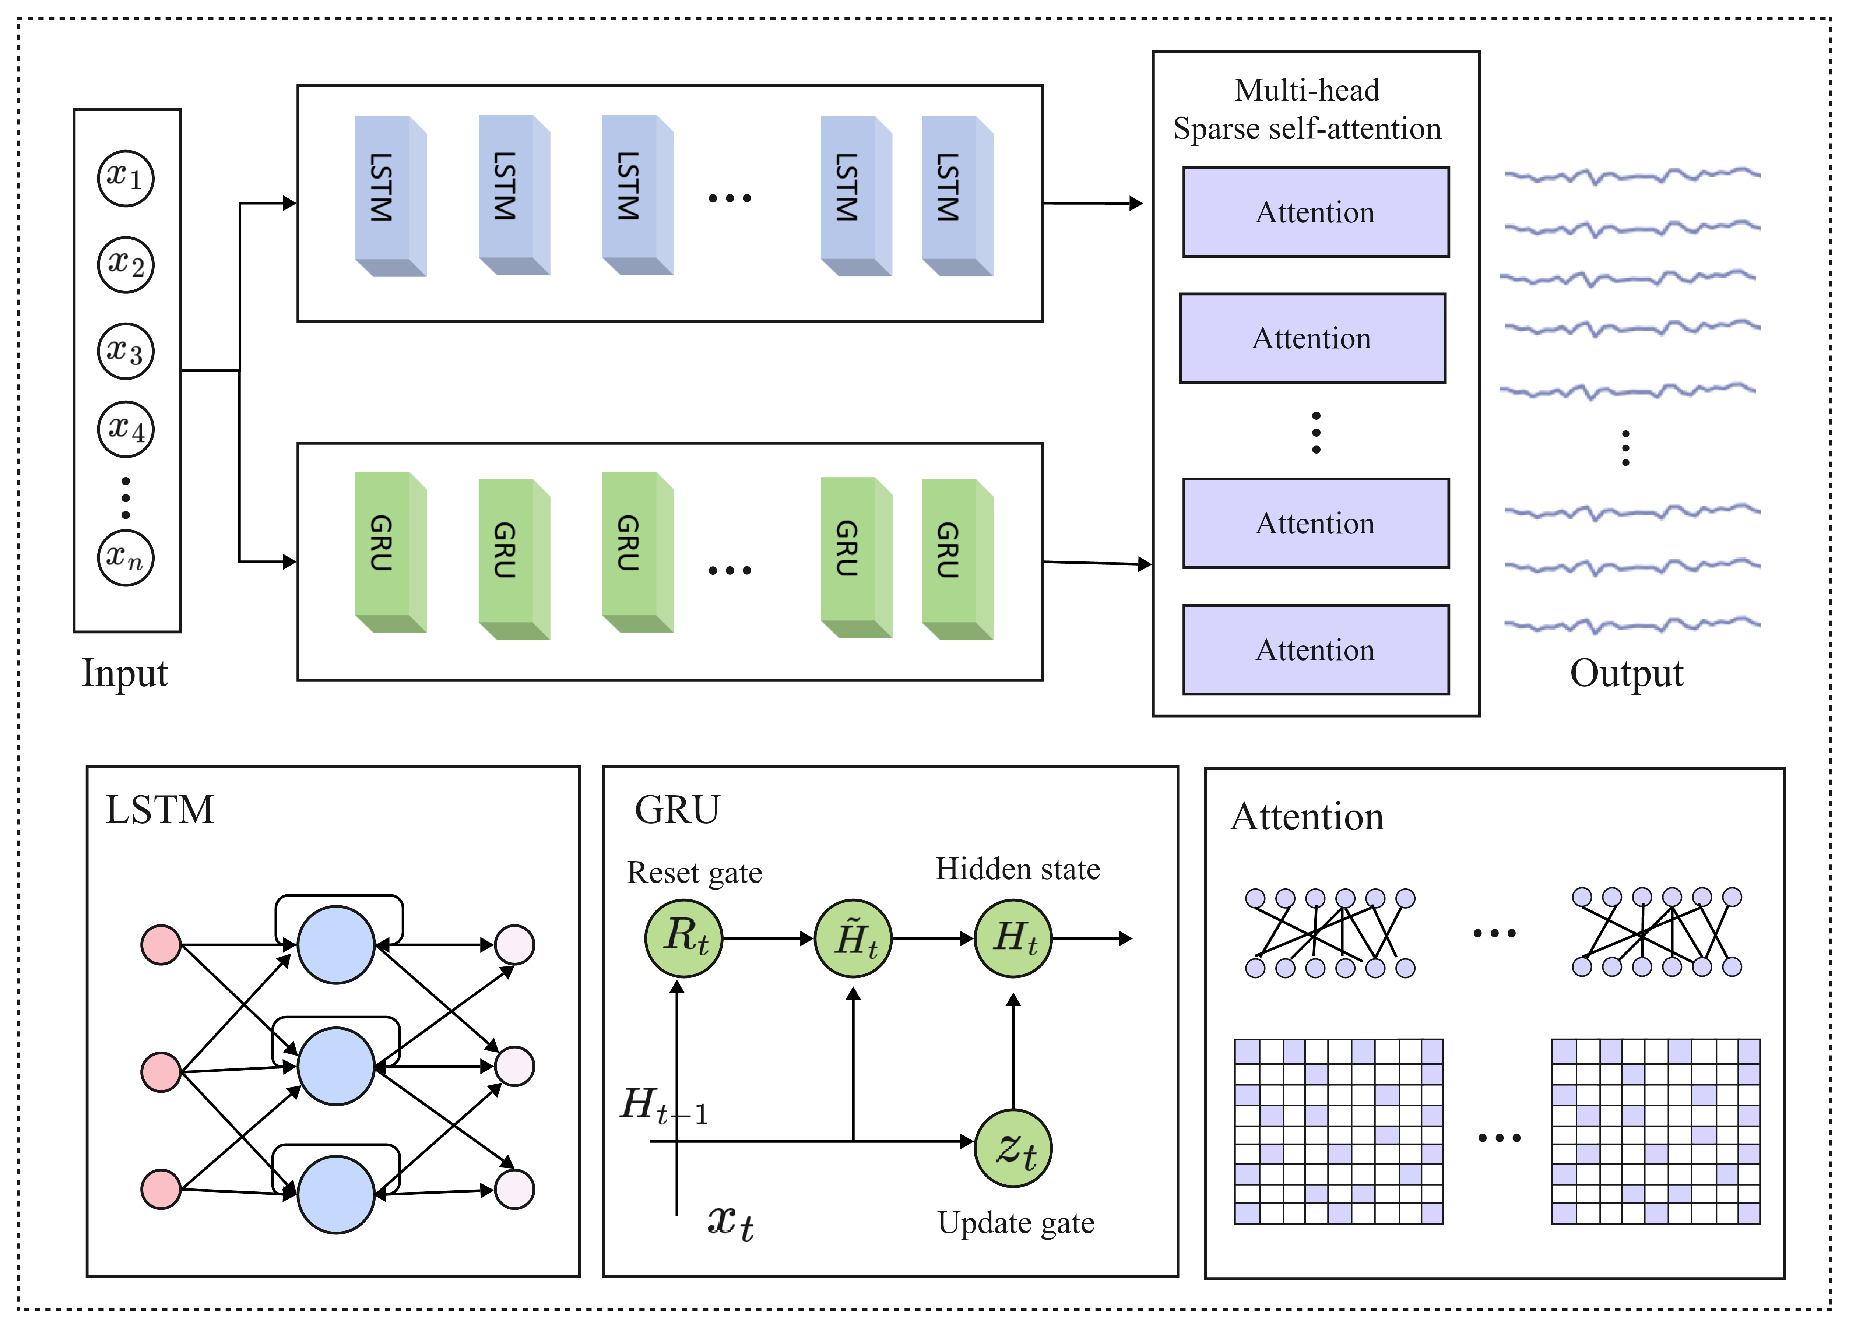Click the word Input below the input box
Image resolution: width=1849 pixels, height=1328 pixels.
[x=125, y=673]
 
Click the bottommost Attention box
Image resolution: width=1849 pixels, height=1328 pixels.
[x=1315, y=650]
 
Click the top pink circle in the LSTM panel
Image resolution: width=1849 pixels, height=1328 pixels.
[x=161, y=945]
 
